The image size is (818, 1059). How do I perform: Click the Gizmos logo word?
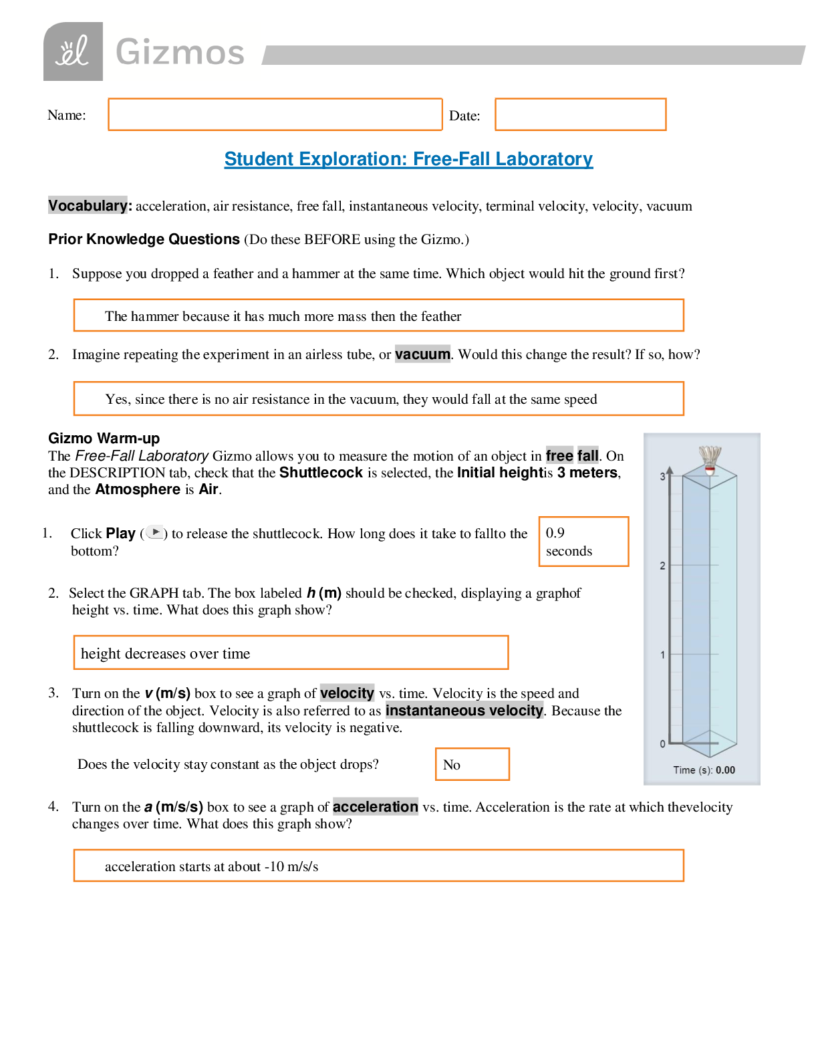click(x=180, y=52)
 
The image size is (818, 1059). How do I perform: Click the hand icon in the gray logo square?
click(x=73, y=52)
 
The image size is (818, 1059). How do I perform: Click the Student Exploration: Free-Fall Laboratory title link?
click(x=408, y=159)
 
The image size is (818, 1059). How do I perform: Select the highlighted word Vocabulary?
click(x=88, y=205)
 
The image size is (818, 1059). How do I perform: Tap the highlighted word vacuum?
click(x=422, y=354)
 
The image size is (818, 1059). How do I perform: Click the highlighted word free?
click(x=559, y=455)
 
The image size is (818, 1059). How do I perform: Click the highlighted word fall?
click(x=587, y=455)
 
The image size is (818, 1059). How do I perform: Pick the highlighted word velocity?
click(x=347, y=693)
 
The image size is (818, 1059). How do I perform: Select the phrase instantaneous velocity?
click(x=464, y=710)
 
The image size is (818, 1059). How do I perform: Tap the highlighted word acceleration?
click(x=376, y=806)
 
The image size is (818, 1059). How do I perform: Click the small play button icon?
click(x=154, y=532)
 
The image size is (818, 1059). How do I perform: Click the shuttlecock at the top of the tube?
click(x=710, y=459)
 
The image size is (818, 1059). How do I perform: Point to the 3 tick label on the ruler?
click(x=662, y=476)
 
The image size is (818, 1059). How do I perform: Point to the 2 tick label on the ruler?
click(x=662, y=566)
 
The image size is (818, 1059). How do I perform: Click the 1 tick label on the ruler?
click(x=662, y=655)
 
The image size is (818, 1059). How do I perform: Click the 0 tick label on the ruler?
click(x=662, y=743)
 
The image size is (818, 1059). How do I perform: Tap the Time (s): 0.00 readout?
click(x=704, y=770)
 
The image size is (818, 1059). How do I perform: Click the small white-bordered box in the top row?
click(x=468, y=114)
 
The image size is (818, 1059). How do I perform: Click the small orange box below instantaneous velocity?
click(x=472, y=764)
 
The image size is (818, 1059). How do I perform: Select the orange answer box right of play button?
click(x=583, y=542)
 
